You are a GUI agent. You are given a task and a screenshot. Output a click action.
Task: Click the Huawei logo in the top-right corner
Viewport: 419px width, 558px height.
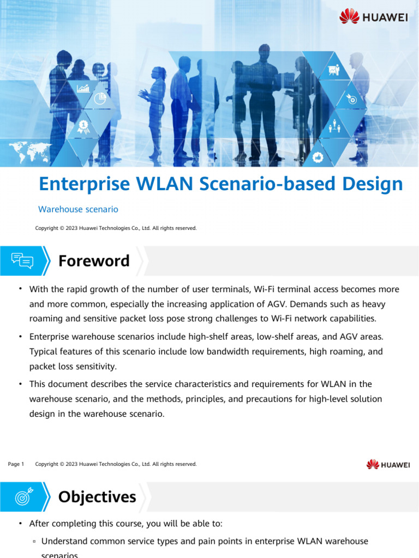click(x=374, y=17)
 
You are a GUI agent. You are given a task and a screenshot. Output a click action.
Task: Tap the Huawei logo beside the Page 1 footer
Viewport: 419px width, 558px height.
click(x=388, y=464)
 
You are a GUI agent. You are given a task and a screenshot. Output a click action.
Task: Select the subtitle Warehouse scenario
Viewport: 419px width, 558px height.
click(x=78, y=209)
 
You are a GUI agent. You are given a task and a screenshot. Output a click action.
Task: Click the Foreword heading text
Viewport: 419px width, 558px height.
click(x=94, y=261)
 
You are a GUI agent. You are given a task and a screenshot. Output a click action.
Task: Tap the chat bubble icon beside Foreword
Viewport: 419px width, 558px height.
click(x=22, y=261)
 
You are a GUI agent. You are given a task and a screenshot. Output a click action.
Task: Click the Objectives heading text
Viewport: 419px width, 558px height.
click(x=97, y=497)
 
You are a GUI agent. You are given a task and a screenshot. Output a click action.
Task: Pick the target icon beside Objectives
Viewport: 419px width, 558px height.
click(x=23, y=497)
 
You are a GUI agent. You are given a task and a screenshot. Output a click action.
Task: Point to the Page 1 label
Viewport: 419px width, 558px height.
click(x=16, y=464)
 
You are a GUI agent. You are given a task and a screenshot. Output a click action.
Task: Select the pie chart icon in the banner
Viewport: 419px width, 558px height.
click(x=100, y=99)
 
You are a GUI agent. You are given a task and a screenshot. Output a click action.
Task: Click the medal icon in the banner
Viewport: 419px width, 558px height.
click(x=83, y=127)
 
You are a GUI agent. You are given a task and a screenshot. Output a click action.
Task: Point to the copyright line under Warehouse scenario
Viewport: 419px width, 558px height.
click(x=116, y=228)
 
